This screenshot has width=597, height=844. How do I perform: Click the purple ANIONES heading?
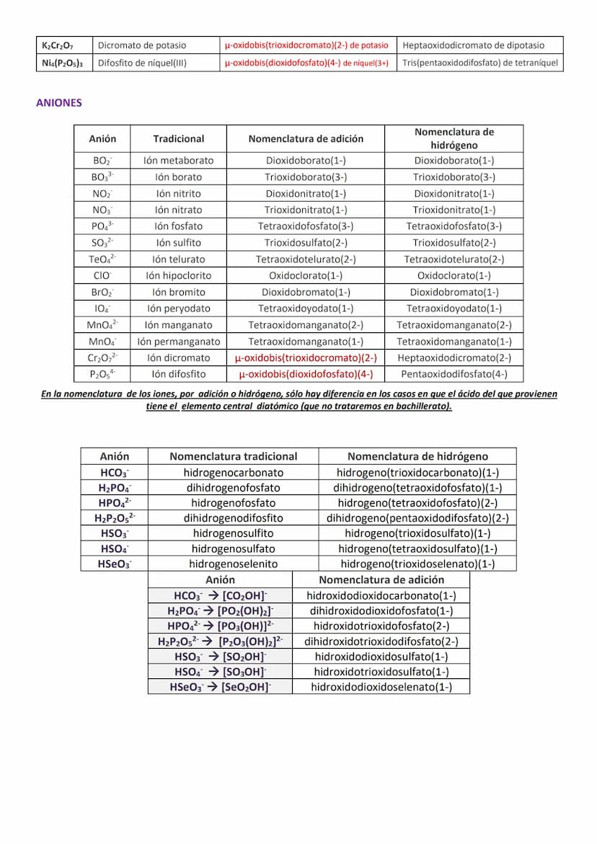(x=59, y=103)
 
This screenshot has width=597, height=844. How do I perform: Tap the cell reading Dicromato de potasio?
(x=142, y=45)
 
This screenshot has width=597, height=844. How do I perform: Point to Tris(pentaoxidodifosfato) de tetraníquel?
(x=480, y=63)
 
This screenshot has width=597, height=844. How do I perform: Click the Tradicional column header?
(x=178, y=138)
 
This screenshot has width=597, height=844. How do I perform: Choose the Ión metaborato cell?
(x=178, y=161)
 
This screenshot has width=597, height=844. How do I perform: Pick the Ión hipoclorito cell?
(x=178, y=275)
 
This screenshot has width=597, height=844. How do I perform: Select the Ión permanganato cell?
(x=178, y=342)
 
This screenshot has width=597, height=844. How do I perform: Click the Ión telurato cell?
(x=178, y=259)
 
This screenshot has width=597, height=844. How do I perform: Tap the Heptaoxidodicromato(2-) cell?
(x=454, y=358)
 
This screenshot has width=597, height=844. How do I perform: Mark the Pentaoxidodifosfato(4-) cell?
(x=454, y=374)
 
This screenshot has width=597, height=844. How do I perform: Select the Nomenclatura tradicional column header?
(x=233, y=456)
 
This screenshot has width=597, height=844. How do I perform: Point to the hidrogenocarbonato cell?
(x=233, y=473)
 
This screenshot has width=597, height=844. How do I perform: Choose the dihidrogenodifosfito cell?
(x=233, y=518)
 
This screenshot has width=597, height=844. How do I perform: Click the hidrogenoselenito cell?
(x=233, y=564)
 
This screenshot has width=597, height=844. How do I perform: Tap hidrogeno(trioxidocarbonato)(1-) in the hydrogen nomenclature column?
(x=417, y=473)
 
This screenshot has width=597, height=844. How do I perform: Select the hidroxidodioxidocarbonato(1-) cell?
(x=381, y=596)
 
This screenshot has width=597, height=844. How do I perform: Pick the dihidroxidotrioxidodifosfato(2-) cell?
(x=381, y=641)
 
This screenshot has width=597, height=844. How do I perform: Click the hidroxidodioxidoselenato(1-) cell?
(x=381, y=687)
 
